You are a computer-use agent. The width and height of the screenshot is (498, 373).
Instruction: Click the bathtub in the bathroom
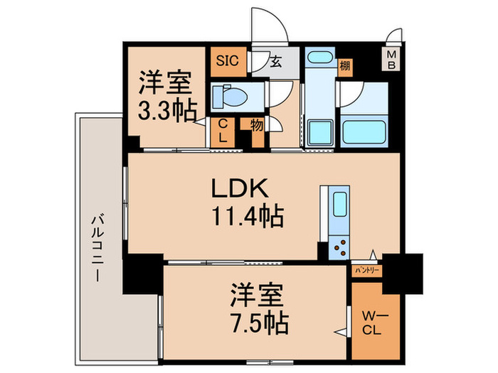click(364, 132)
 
